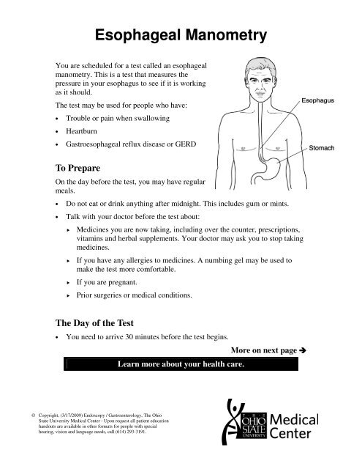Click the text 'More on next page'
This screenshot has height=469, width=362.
pos(263,351)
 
